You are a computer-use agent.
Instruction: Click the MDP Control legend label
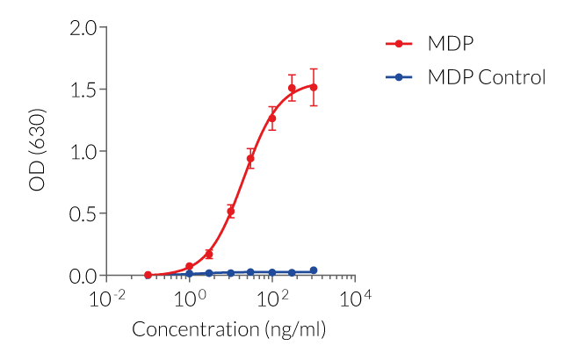pos(486,77)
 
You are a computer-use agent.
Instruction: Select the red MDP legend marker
pos(399,43)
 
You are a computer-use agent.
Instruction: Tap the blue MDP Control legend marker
pos(399,77)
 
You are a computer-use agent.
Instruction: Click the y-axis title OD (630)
pos(38,152)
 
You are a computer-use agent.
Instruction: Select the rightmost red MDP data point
pos(314,87)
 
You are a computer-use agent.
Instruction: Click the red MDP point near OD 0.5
pos(231,212)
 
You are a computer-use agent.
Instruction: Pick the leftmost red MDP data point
pos(148,275)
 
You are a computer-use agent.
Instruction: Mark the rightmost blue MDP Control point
pos(314,270)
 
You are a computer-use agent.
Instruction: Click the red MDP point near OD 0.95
pos(251,159)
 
